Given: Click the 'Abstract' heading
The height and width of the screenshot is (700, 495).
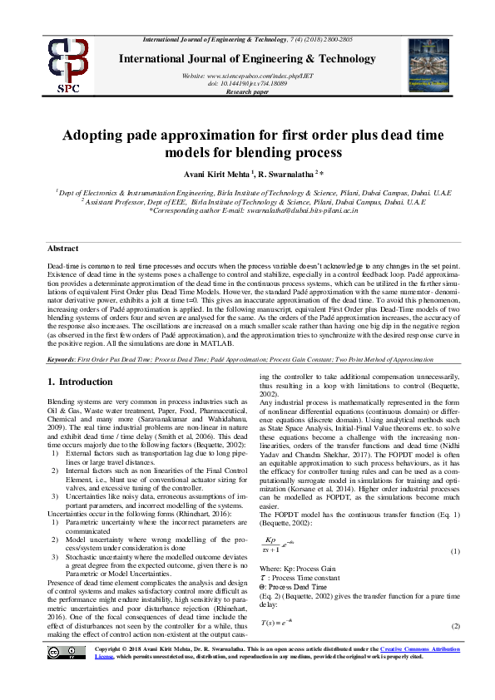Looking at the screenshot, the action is pos(62,249).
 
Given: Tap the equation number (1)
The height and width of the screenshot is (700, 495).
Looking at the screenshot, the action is pos(455,552).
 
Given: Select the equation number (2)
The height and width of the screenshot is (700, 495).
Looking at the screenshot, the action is pos(455,625).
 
